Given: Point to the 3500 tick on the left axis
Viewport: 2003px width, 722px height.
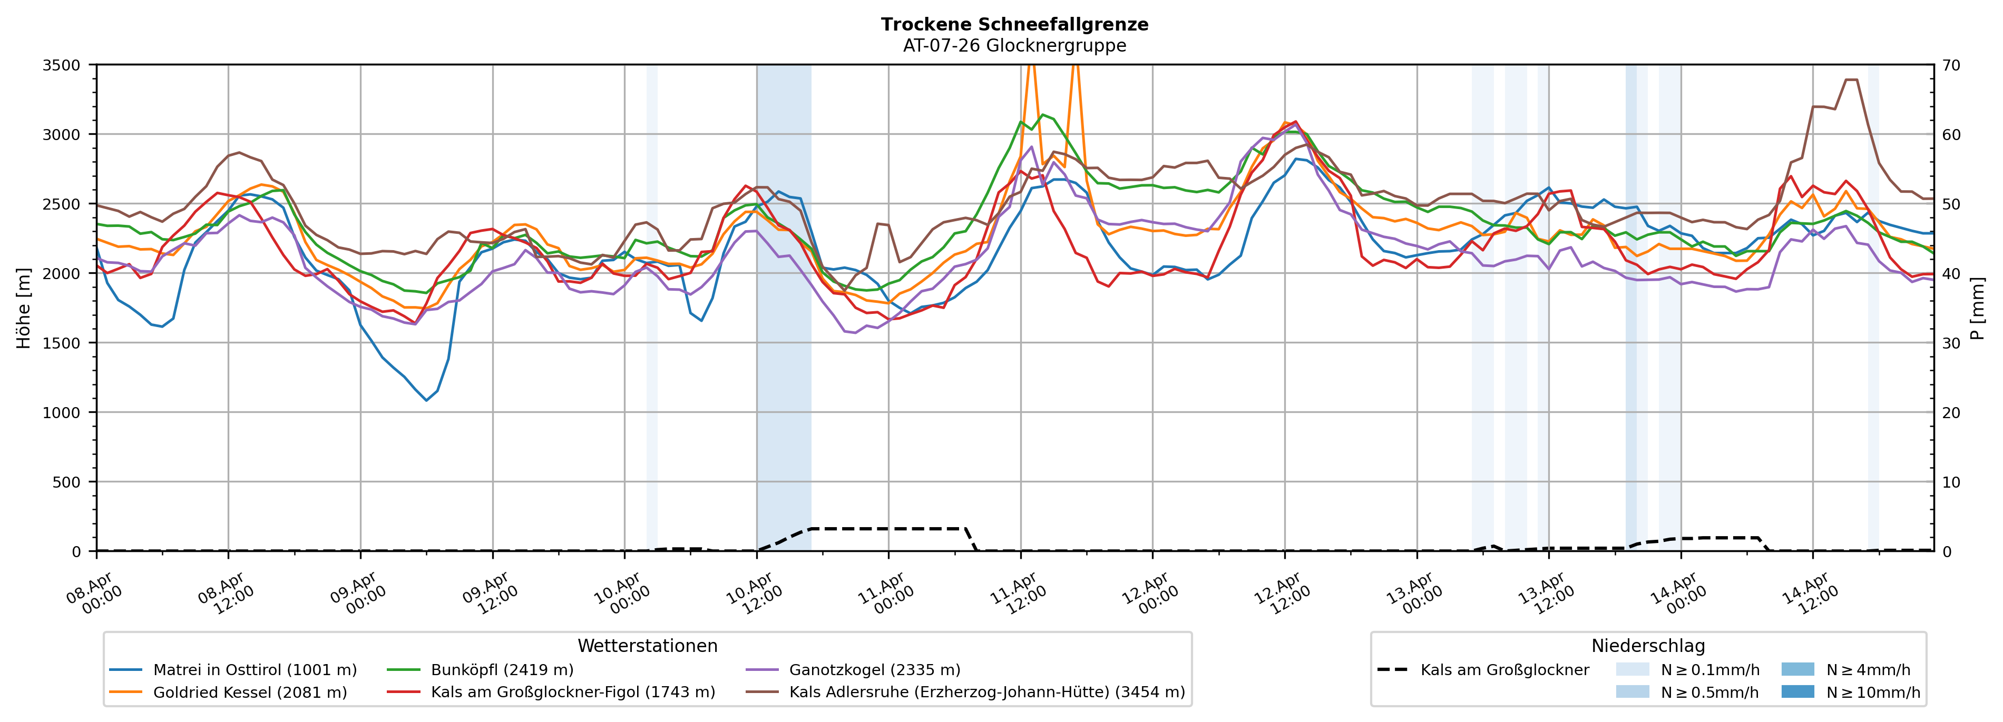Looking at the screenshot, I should click(62, 65).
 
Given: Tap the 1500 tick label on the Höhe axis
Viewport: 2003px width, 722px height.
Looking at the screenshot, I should click(62, 343).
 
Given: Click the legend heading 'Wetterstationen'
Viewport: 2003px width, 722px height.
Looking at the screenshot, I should click(647, 646).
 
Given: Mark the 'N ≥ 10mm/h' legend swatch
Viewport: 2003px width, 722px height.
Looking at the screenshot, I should click(1797, 691).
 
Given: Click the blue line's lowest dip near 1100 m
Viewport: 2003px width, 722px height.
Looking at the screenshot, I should click(426, 400).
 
